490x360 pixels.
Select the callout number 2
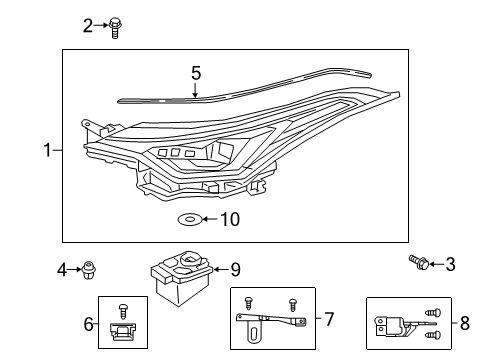click(88, 25)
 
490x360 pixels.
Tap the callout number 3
click(450, 264)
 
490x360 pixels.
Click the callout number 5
click(196, 73)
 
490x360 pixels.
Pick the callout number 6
click(88, 323)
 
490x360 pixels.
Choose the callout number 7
click(329, 320)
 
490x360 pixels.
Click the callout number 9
click(236, 268)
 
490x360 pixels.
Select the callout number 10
click(229, 218)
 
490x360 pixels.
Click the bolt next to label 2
click(115, 26)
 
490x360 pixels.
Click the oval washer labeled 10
click(187, 218)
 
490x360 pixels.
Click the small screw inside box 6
click(123, 310)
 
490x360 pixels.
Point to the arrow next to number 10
click(208, 218)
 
